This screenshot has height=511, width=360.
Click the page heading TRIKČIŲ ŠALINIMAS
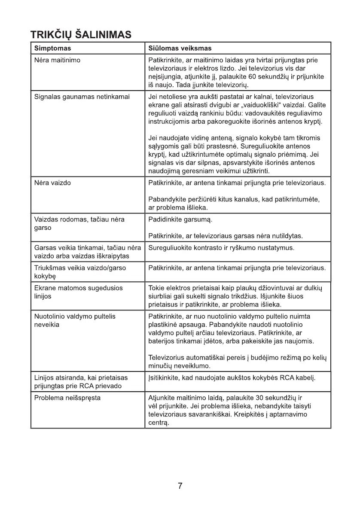click(81, 34)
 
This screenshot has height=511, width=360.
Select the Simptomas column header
click(52, 48)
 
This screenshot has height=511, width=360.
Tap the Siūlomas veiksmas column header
click(180, 48)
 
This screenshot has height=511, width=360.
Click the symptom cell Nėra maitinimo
click(57, 60)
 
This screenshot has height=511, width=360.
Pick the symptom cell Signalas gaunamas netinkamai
click(82, 97)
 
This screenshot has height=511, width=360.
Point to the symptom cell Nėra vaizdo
click(52, 183)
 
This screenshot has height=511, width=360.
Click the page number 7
click(180, 486)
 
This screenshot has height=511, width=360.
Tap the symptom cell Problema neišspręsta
click(67, 398)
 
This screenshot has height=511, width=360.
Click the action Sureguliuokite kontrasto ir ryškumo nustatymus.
click(221, 248)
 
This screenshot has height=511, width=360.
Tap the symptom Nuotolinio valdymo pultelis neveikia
click(75, 320)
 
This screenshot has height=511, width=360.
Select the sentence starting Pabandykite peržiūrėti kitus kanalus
click(234, 204)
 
